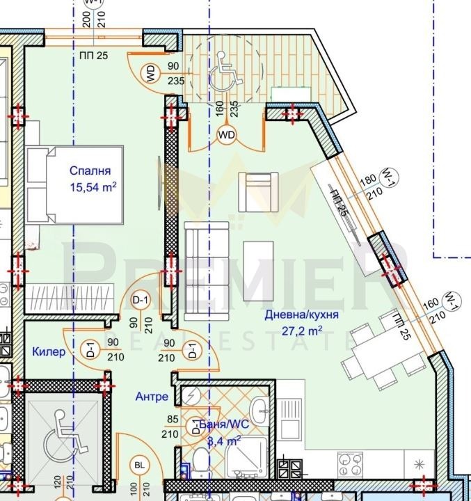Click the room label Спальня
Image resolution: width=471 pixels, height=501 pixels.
pos(90,170)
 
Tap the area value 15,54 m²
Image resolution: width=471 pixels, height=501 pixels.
pos(93,186)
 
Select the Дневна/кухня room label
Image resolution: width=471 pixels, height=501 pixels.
pos(302,315)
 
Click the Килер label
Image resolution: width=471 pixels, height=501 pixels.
pos(49,352)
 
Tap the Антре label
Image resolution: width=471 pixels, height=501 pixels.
pos(152,397)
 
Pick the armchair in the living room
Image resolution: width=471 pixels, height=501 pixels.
pos(258,191)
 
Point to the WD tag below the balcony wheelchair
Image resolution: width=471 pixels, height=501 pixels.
pos(227,135)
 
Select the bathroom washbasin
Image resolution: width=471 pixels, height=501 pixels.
pos(258,408)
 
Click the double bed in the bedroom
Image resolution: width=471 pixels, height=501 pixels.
pos(74,186)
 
